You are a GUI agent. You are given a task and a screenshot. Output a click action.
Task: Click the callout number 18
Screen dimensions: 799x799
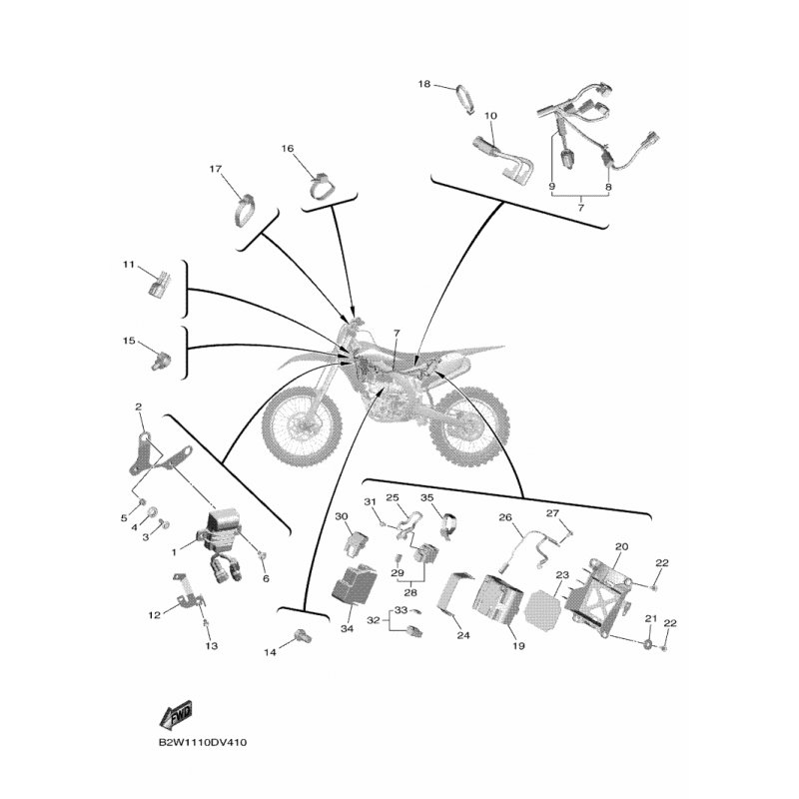423,86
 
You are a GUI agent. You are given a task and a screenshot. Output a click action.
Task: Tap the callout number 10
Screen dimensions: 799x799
490,116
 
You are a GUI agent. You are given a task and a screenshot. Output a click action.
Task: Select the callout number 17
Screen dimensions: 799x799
215,169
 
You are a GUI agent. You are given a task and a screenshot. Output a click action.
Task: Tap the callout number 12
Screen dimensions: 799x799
154,615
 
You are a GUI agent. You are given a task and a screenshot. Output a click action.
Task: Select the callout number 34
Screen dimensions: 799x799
347,629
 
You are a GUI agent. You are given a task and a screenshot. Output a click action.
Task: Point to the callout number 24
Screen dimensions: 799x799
462,635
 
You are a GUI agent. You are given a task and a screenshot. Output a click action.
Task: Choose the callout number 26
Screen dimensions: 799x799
504,517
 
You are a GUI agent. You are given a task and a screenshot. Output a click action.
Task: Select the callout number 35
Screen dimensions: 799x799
426,497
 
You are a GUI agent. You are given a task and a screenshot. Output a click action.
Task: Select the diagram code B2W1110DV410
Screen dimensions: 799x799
203,744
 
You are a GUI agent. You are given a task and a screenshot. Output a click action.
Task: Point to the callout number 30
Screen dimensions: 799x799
341,516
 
